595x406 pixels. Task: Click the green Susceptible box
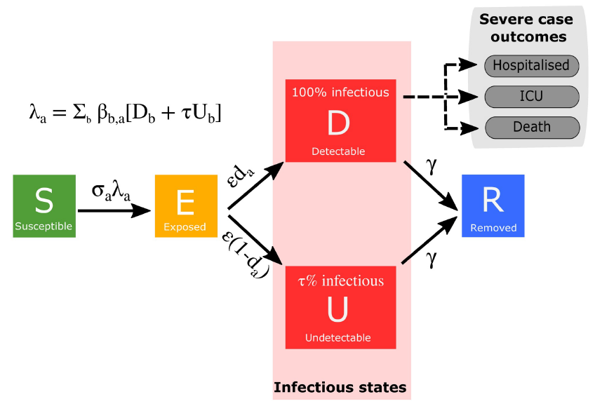(x=44, y=206)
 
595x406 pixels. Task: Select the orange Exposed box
(x=186, y=206)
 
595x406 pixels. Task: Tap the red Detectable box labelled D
(x=340, y=121)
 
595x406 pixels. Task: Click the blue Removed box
(x=493, y=205)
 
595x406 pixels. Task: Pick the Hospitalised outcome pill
(x=531, y=65)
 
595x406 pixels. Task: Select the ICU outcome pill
(x=531, y=96)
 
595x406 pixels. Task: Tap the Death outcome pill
(x=531, y=127)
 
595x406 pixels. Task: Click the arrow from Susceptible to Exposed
(x=115, y=210)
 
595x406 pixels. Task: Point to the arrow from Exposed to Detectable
(x=255, y=186)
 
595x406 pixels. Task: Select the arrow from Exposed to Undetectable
(x=255, y=241)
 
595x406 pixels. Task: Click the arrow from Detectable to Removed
(x=431, y=186)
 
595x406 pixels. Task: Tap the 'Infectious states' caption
(x=340, y=387)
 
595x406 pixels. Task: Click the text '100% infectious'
(x=340, y=92)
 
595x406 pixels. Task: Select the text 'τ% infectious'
(x=341, y=281)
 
